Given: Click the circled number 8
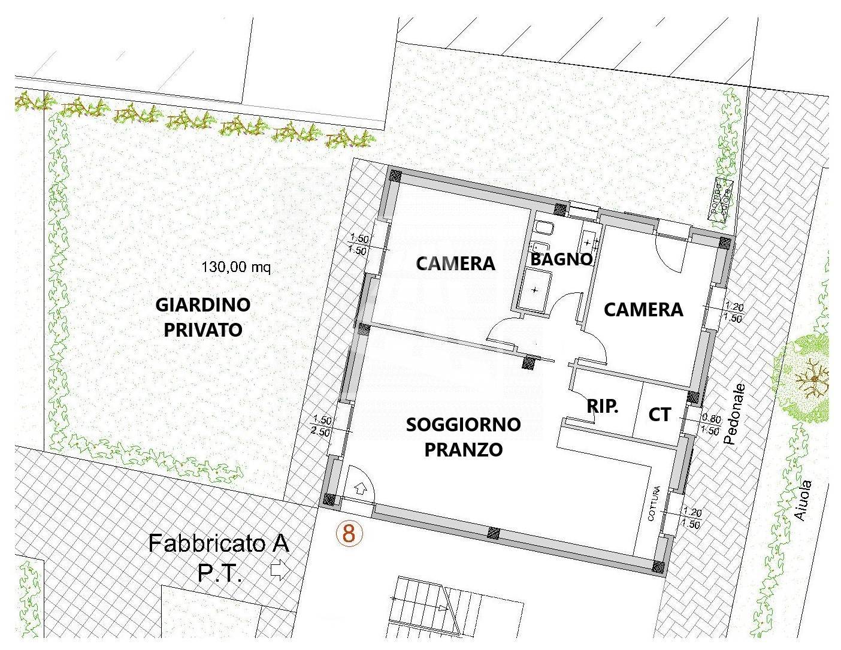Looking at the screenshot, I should [349, 533].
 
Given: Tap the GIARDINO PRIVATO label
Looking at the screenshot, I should [203, 317].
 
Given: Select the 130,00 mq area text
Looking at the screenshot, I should [237, 267].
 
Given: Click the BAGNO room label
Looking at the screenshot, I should [561, 259].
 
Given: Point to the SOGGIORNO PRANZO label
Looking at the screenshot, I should [463, 437].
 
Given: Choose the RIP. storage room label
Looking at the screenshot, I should [602, 407].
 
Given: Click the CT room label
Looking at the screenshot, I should [660, 415].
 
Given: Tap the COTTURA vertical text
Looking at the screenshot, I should [657, 504].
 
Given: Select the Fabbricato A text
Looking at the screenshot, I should [219, 544].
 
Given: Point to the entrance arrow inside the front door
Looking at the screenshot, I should [361, 488].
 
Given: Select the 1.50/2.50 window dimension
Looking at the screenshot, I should [322, 426].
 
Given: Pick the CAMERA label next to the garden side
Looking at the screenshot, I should [456, 263].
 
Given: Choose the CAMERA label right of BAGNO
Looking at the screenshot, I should [643, 309].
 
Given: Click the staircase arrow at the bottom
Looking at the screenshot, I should [441, 607].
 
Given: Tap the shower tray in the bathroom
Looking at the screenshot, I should [534, 290].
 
